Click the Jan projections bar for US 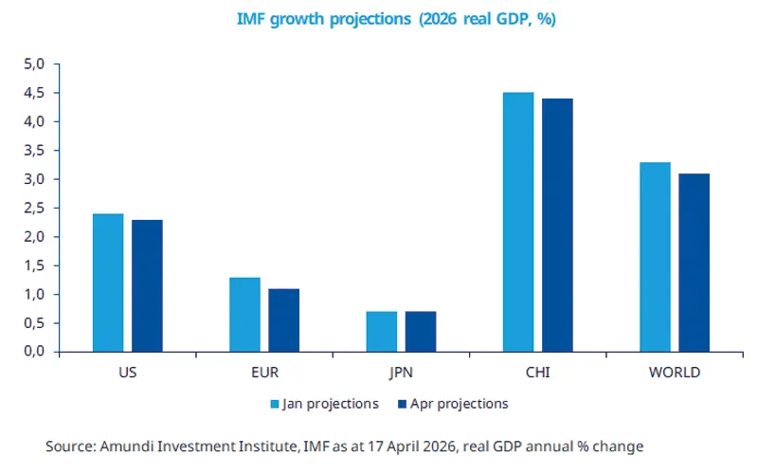[108, 283]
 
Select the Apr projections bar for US [147, 285]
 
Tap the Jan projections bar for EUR [244, 315]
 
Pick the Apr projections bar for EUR [283, 320]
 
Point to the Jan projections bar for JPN [381, 332]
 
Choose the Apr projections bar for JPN [421, 332]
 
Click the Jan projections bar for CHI [518, 222]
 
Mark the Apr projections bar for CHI [557, 225]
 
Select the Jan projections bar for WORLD [655, 257]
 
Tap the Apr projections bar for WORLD [694, 263]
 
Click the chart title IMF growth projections [396, 19]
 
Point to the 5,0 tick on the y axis [35, 64]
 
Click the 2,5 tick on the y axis [35, 208]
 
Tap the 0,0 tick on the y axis [35, 352]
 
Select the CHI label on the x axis [537, 373]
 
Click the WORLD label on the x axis [675, 373]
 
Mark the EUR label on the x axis [264, 373]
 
